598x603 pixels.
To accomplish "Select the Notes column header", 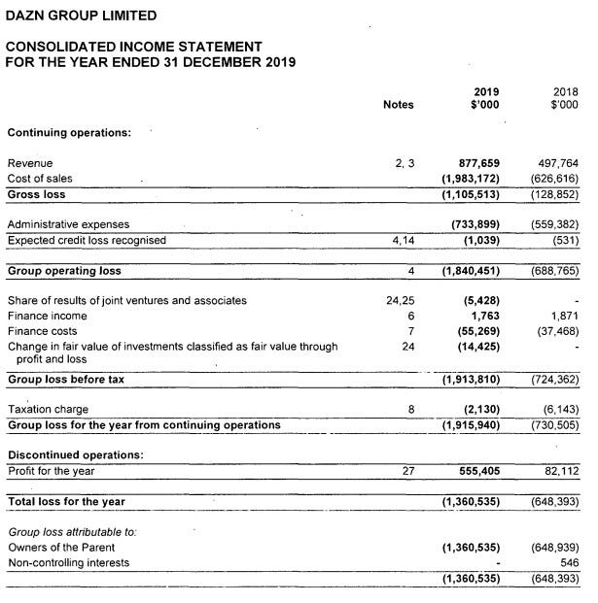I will point(399,105).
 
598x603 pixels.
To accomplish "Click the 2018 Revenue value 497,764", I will point(557,164).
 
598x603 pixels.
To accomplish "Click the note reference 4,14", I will point(401,240).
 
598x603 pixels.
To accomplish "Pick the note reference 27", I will point(407,470).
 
